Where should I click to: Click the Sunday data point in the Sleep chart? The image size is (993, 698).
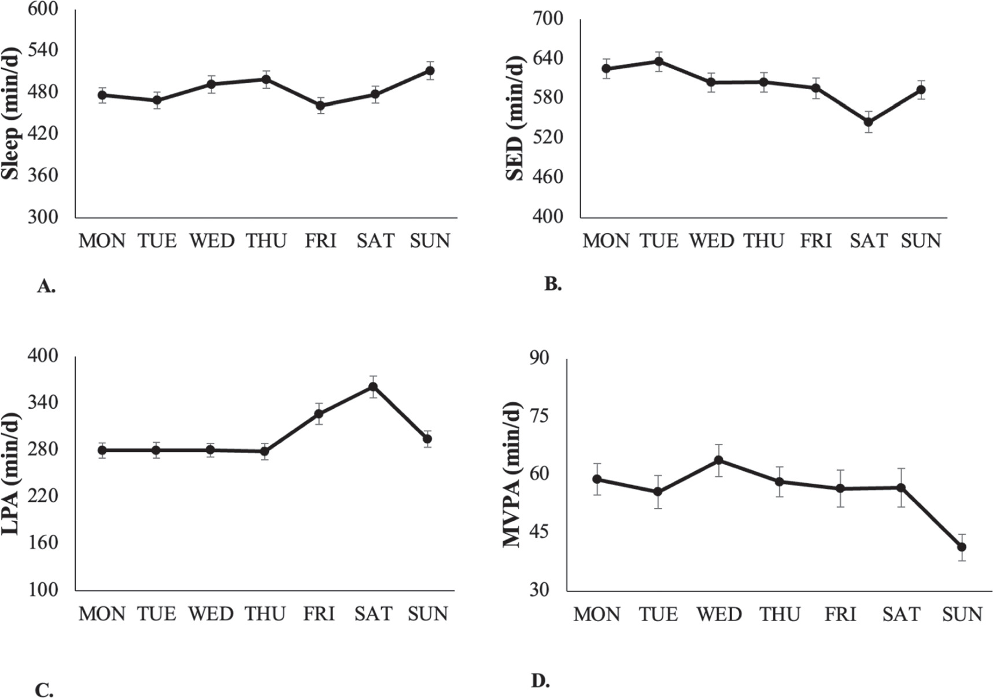(430, 71)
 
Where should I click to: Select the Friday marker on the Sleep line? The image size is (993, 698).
(320, 105)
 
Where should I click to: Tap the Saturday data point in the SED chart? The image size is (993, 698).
(868, 122)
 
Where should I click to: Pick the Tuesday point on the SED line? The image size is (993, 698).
(659, 61)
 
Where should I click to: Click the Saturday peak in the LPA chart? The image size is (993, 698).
(373, 387)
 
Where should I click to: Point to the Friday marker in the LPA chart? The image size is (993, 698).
(319, 414)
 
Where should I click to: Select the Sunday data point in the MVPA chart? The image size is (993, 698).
(962, 547)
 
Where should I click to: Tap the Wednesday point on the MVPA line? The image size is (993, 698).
(719, 460)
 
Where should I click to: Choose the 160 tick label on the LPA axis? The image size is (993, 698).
(43, 543)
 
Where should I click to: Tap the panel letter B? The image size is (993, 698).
(553, 284)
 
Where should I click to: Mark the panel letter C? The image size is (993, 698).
(45, 690)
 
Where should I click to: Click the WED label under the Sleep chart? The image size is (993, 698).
(212, 241)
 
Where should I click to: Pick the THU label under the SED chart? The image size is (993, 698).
(764, 241)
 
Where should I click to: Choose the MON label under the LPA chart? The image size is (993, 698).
(102, 614)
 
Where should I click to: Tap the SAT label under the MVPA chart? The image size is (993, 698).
(901, 614)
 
